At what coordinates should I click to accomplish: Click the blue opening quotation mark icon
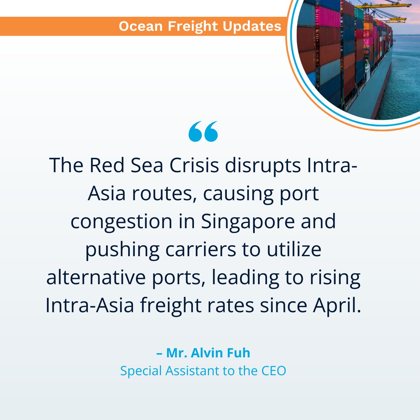[203, 132]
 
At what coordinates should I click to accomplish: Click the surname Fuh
[241, 353]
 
